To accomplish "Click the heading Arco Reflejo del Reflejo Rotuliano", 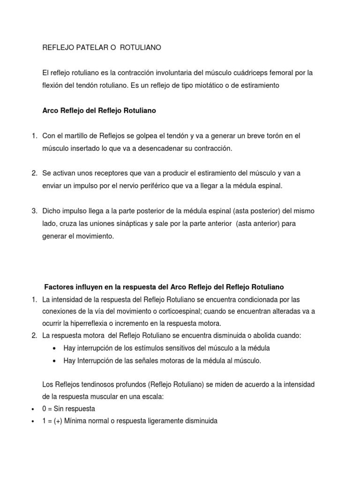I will click(x=99, y=111).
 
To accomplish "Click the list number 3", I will click(x=34, y=211).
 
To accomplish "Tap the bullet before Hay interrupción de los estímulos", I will click(x=56, y=348).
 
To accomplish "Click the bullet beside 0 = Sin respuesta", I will click(x=32, y=409).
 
